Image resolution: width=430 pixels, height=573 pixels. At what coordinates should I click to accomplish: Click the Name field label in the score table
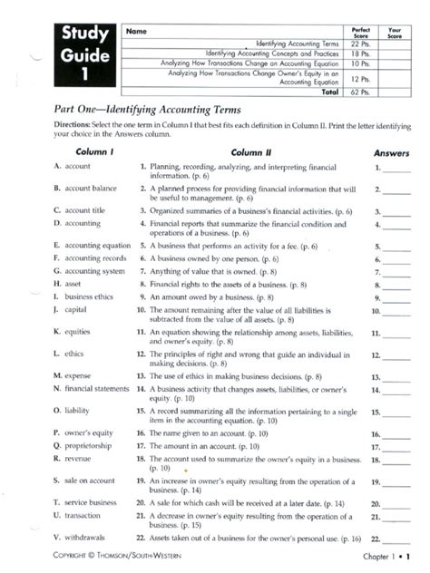click(136, 32)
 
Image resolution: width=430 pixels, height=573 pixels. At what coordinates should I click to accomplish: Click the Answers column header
click(391, 153)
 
